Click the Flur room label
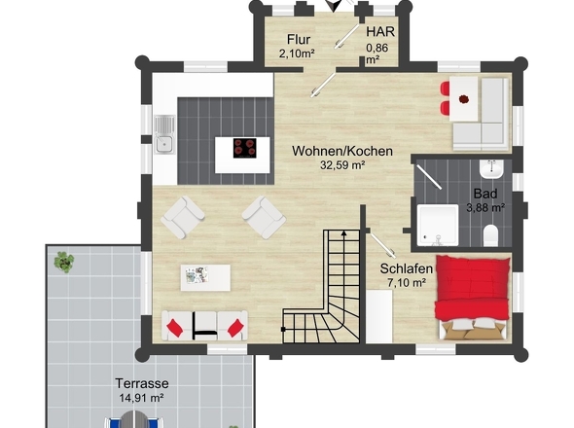299,39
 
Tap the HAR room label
380,32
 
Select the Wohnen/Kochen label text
342,151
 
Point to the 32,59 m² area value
342,165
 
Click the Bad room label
485,194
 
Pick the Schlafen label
407,268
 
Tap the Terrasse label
142,383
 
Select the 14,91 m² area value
141,398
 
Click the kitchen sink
164,134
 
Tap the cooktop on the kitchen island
244,148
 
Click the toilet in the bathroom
491,235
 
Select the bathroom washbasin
491,169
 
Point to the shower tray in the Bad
438,225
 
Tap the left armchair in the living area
182,217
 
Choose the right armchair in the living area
264,217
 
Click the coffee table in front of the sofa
205,277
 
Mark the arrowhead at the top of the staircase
343,233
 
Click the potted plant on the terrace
64,262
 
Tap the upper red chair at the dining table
445,89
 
